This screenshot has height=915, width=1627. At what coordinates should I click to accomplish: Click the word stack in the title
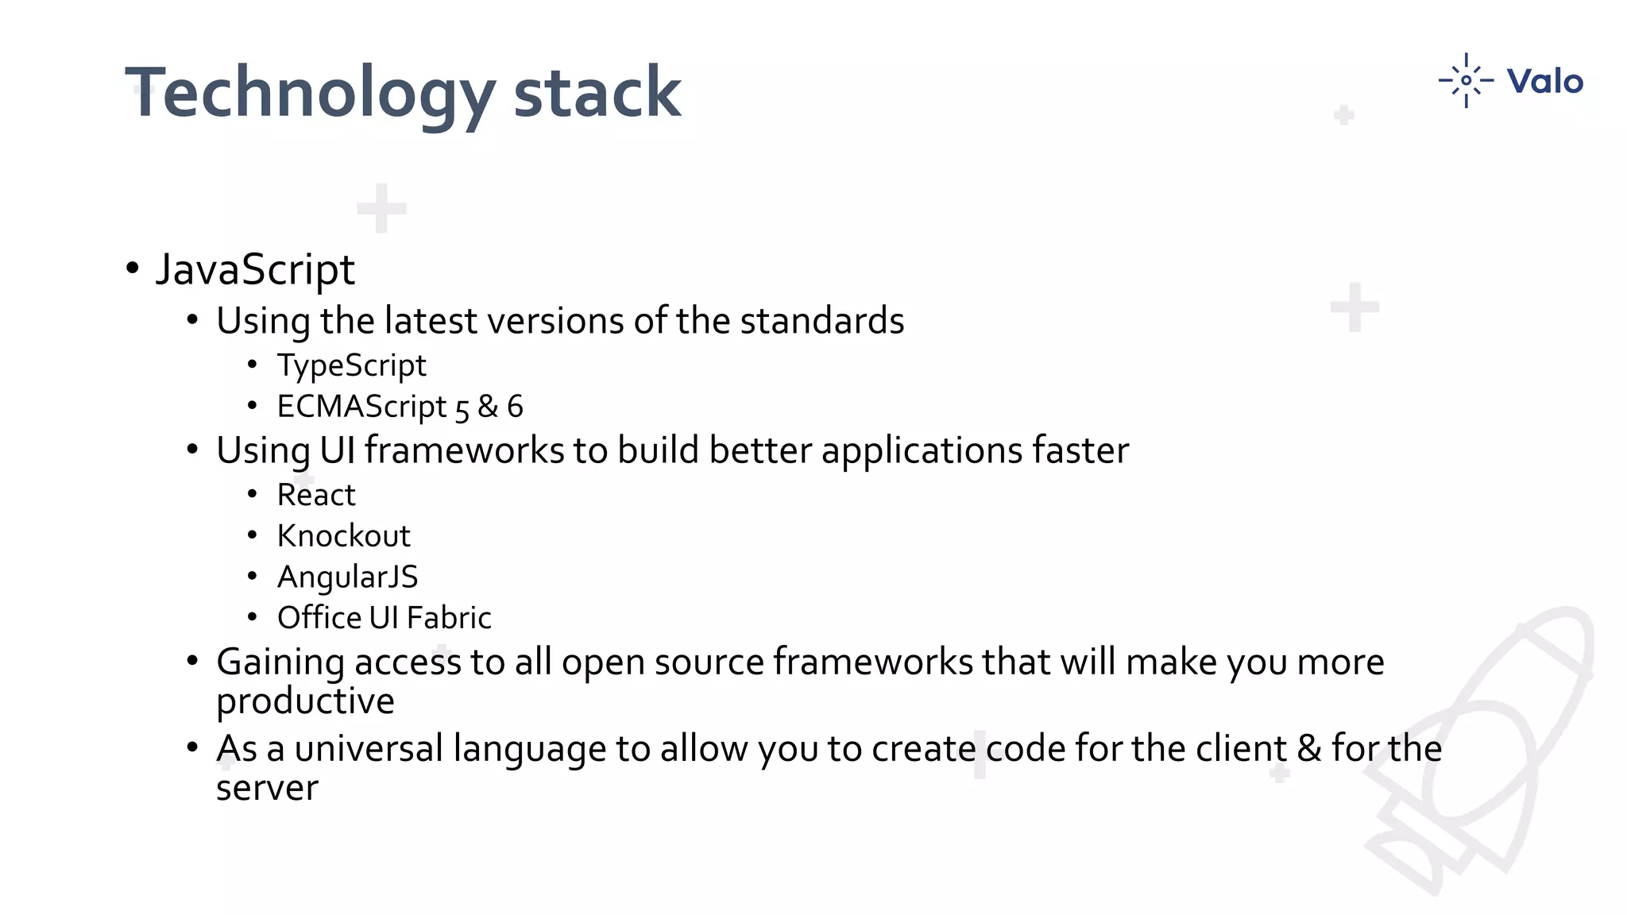pos(597,94)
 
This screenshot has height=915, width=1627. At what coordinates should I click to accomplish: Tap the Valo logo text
pos(1544,81)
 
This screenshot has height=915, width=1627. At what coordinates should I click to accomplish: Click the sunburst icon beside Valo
pos(1466,80)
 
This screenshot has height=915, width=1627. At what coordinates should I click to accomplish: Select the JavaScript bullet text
pos(254,270)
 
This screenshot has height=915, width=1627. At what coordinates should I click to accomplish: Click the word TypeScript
pos(351,366)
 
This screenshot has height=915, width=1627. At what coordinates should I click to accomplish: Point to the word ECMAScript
pos(361,407)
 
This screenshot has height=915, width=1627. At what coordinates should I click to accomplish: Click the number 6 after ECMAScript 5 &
pos(515,407)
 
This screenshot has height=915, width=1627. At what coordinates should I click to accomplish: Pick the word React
pos(315,495)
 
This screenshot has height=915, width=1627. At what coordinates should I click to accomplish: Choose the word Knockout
pos(343,536)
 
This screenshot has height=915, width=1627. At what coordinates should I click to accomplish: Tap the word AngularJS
pos(347,577)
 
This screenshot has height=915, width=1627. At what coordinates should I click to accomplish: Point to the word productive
pos(305,701)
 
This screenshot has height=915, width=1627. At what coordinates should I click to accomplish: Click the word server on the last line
pos(267,788)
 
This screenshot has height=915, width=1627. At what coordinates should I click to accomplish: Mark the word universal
pos(368,748)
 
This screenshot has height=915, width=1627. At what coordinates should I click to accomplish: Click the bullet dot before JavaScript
pos(133,268)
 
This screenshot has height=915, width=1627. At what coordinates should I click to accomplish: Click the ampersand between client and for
pos(1308,748)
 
